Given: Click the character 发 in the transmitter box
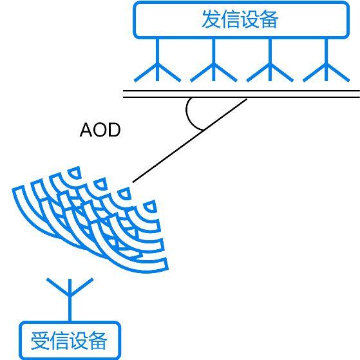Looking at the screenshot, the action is [211, 19].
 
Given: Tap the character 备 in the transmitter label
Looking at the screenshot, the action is [269, 19].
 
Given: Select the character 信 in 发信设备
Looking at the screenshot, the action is [231, 19].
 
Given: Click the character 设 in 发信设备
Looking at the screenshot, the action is [250, 19].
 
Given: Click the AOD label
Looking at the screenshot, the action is [100, 129].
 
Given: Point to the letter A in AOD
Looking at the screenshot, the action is [86, 129].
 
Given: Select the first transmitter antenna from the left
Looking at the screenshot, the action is [158, 60].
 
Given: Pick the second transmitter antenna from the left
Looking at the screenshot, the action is [214, 60].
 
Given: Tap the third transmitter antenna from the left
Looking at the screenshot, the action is [270, 60].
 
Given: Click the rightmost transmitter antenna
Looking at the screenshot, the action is [327, 60].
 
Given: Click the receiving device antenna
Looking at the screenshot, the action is [70, 298].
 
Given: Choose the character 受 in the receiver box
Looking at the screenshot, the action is [40, 341].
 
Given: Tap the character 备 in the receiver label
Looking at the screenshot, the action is [98, 341].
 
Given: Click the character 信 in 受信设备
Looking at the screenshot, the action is [59, 341].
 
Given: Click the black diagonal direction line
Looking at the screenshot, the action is [190, 141].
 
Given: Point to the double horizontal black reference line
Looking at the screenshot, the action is [242, 94].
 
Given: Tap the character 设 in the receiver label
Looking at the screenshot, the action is [79, 341].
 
